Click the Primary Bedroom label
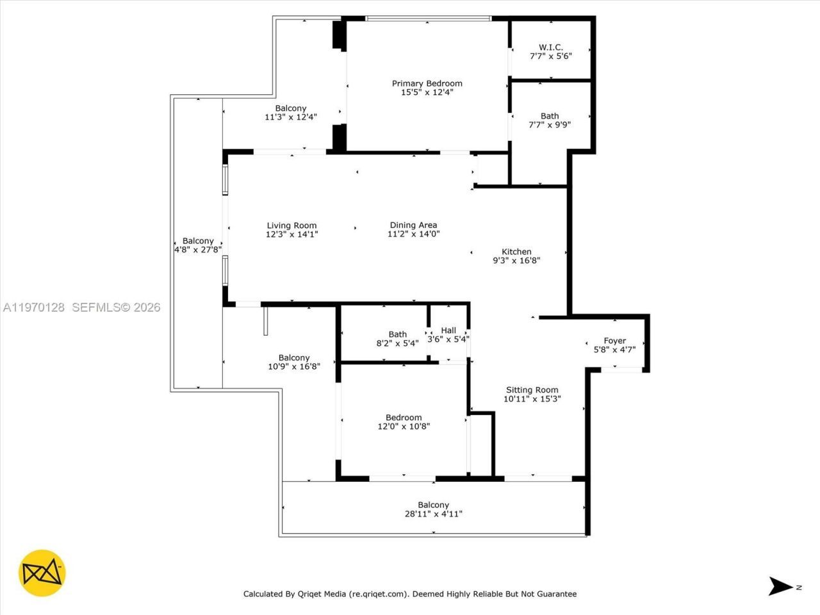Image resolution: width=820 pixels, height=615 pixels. [427, 83]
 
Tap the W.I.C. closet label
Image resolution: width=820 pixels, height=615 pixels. [550, 47]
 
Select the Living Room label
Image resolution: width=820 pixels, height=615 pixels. [291, 225]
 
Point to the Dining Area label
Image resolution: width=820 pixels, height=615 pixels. [413, 225]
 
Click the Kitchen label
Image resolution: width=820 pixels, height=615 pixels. [516, 252]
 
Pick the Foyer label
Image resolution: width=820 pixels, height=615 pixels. [614, 341]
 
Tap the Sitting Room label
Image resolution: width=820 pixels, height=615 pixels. [532, 389]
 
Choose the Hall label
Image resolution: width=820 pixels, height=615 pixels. [448, 331]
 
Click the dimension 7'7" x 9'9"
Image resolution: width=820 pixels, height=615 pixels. [550, 125]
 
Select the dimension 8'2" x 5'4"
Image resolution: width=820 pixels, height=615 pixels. [397, 343]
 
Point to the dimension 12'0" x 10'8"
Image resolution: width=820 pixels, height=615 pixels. [404, 426]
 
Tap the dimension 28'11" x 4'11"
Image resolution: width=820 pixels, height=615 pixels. [433, 514]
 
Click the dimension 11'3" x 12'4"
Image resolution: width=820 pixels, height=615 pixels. [291, 117]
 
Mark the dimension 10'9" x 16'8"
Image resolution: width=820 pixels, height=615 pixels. [294, 366]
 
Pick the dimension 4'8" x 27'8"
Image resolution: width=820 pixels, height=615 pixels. [197, 250]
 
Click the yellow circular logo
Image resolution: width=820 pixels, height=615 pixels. [42, 573]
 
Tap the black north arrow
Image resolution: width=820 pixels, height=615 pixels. [780, 586]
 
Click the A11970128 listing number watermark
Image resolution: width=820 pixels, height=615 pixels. [34, 307]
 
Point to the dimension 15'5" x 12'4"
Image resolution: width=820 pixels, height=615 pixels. [427, 92]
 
